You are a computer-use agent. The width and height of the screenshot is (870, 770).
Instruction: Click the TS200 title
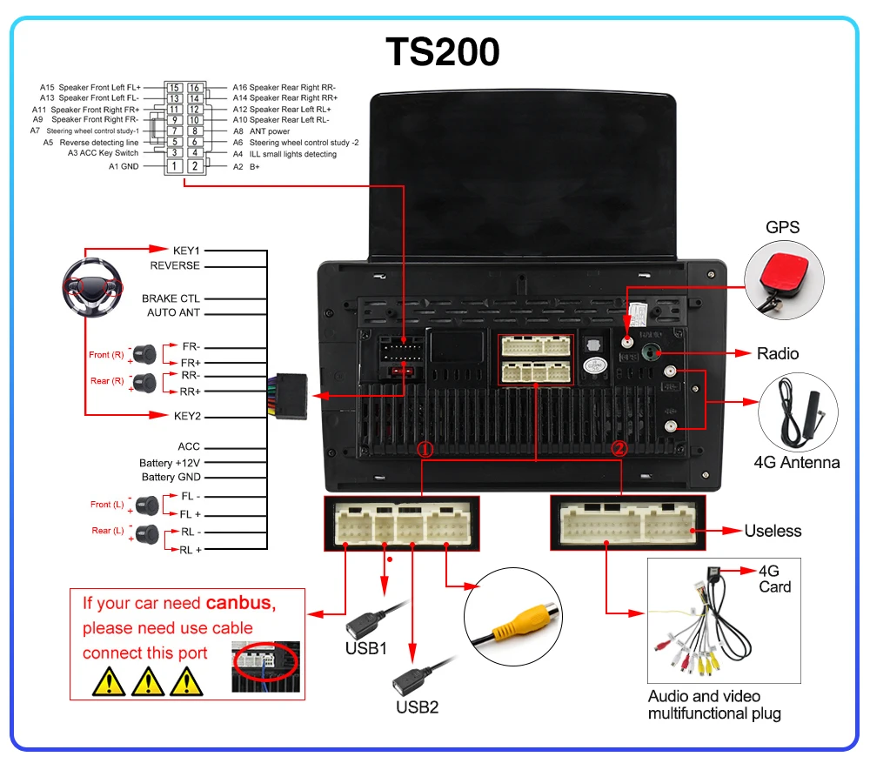point(443,51)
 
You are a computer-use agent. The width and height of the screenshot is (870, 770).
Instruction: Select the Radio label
point(777,353)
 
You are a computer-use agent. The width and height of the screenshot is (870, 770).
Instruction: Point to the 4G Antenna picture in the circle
point(797,414)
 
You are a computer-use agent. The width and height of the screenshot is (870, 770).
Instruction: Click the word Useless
point(773,531)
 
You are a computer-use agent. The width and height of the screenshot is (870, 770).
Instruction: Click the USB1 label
point(365,648)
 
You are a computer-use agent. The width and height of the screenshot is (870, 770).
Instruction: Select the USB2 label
point(418,706)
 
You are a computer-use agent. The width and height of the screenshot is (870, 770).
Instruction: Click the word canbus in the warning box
point(240,603)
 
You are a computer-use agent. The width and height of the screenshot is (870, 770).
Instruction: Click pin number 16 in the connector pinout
point(195,88)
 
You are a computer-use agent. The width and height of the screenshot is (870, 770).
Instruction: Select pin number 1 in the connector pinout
point(175,165)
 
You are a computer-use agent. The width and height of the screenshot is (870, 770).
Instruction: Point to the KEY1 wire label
point(186,251)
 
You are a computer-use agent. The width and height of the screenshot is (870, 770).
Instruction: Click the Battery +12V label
point(170,463)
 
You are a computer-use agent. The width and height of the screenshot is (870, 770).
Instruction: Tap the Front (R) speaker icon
point(144,354)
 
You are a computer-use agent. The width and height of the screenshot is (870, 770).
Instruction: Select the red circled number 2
point(619,449)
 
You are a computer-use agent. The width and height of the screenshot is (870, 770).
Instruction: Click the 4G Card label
point(774,579)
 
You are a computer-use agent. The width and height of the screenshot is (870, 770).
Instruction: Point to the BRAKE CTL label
point(171,298)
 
